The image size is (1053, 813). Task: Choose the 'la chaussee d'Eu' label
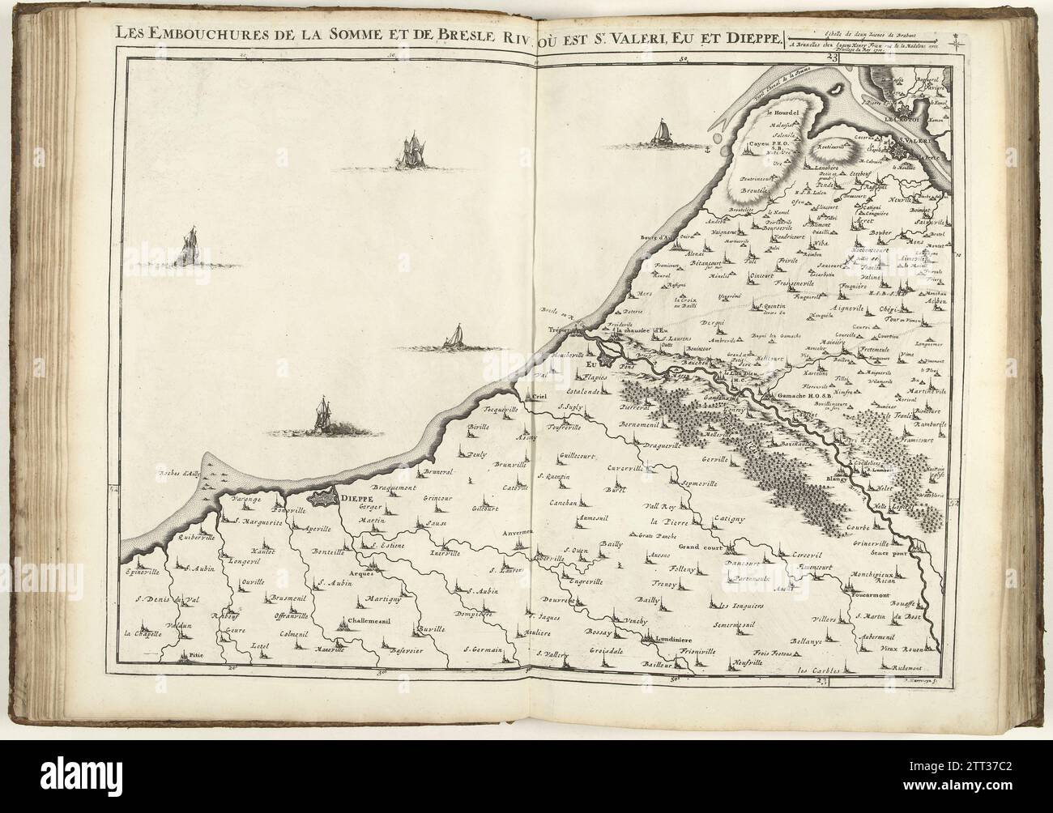point(638,329)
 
